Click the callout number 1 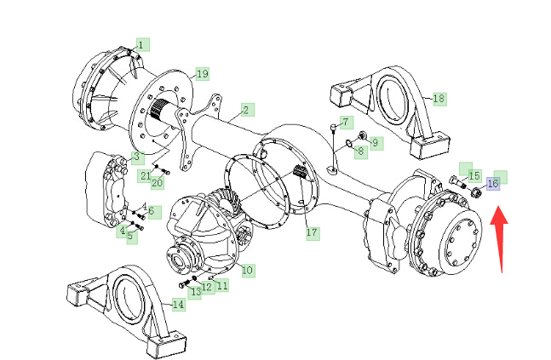click(141, 45)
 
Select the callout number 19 click(203, 74)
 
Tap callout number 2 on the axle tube click(246, 111)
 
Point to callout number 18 click(439, 99)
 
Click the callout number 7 click(346, 123)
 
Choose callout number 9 click(376, 143)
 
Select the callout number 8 click(361, 151)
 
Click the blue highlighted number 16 click(493, 183)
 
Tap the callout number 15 click(474, 175)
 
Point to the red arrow click(499, 239)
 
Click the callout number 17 click(312, 232)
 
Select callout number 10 click(247, 270)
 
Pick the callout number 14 click(178, 304)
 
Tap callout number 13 click(196, 291)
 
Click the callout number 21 click(146, 175)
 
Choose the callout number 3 click(137, 157)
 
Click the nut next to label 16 click(476, 192)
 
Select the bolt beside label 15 click(458, 182)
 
